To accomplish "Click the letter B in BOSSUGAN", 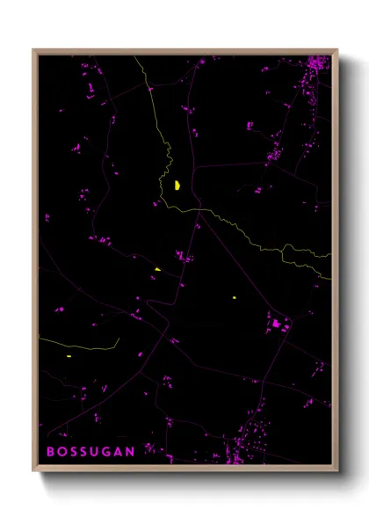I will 51,451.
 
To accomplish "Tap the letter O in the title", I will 62,451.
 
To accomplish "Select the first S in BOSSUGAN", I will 74,451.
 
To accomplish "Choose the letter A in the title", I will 119,451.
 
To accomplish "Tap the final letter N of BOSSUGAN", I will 131,451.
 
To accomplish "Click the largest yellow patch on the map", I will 177,185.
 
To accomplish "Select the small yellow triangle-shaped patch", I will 157,269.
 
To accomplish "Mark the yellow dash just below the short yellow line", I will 69,356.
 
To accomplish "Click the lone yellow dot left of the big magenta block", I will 235,298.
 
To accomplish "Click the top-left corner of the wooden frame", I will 34,50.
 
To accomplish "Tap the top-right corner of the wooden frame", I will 337,50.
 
